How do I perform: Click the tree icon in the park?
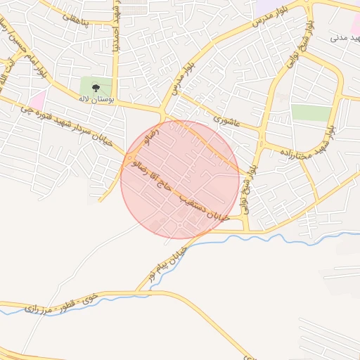[96, 87]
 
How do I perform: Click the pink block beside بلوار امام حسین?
[38, 100]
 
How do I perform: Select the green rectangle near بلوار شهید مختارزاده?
[311, 112]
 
